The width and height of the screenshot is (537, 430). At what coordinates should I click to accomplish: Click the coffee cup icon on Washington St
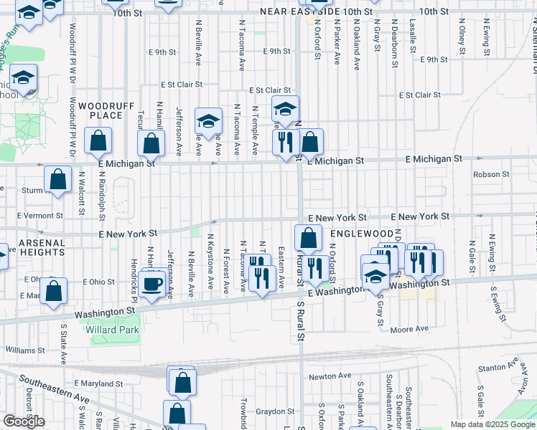[152, 284]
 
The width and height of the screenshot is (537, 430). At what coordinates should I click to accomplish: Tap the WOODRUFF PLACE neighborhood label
[107, 110]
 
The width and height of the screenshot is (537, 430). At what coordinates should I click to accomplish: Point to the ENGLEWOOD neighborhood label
[362, 234]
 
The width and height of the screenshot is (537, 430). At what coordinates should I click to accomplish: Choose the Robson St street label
[490, 174]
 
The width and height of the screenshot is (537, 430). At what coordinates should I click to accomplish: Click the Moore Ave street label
[409, 329]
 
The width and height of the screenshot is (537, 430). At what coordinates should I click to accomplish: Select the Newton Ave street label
[330, 376]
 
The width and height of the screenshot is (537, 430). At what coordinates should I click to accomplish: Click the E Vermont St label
[34, 216]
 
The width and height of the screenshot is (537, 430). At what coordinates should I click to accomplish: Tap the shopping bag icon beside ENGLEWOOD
[308, 237]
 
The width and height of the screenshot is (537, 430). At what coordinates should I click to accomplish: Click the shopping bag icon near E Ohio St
[54, 291]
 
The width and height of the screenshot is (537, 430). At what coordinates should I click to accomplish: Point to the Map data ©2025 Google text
[492, 424]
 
